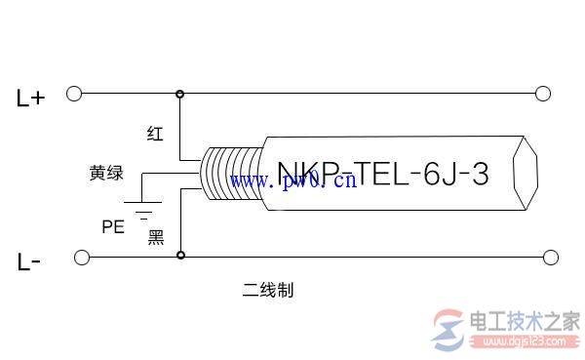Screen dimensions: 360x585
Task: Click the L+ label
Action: (30, 97)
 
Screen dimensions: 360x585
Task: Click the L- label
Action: (28, 261)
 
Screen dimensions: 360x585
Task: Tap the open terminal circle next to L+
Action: (73, 94)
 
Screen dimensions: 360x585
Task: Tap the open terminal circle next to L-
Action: (82, 257)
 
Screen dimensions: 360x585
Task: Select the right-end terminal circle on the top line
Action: (544, 94)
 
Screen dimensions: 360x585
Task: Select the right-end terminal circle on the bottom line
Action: (551, 257)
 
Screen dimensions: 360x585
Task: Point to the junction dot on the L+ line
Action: (179, 94)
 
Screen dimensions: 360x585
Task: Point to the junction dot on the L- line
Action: (179, 257)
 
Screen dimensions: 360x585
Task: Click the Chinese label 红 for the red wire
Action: (155, 134)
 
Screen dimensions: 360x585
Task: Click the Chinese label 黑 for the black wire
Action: (156, 236)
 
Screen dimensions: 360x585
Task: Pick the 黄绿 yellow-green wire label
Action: (106, 174)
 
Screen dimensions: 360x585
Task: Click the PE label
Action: (113, 226)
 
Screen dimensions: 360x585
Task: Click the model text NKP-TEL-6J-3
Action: (382, 174)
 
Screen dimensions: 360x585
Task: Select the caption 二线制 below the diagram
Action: (268, 290)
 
